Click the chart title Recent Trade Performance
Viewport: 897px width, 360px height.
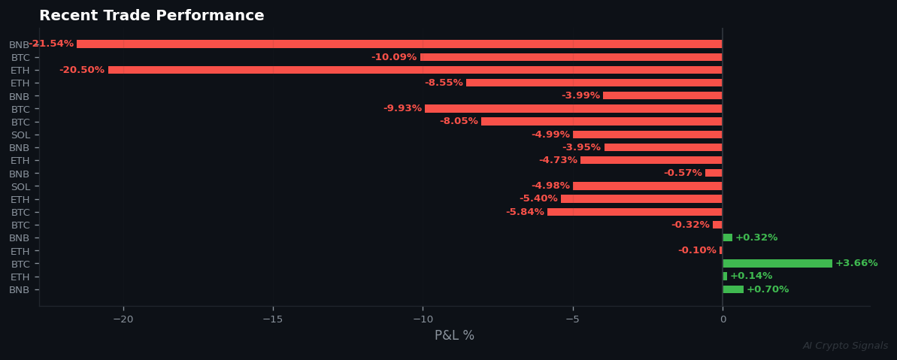click(151, 16)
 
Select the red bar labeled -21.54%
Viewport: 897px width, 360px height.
click(398, 44)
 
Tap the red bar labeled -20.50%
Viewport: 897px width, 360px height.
click(414, 70)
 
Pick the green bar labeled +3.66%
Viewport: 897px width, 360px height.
click(777, 264)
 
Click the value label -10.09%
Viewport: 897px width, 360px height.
click(393, 57)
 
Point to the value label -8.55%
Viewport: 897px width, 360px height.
click(443, 83)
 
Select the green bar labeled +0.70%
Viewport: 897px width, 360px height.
click(733, 289)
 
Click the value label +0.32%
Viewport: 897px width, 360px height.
click(756, 237)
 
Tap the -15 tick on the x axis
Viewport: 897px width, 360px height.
click(272, 319)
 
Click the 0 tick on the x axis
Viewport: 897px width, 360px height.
click(723, 319)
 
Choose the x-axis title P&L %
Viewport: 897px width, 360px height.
click(454, 336)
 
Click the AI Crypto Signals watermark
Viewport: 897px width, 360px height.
click(845, 346)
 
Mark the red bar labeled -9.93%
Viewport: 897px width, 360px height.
click(573, 108)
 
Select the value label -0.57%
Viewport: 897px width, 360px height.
click(682, 173)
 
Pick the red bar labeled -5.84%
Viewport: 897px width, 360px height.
click(635, 212)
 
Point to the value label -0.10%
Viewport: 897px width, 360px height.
click(697, 250)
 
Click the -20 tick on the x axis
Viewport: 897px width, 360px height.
click(123, 319)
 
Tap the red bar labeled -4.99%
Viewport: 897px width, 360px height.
click(647, 135)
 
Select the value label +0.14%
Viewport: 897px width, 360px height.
click(751, 276)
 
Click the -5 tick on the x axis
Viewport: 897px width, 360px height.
click(572, 319)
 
